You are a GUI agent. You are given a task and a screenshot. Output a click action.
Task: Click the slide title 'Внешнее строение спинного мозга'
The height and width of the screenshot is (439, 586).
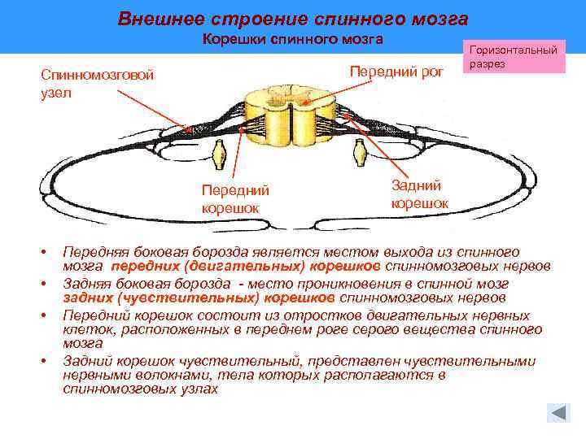pyautogui.click(x=292, y=18)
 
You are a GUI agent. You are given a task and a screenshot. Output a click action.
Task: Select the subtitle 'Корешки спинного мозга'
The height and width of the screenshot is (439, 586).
pyautogui.click(x=292, y=39)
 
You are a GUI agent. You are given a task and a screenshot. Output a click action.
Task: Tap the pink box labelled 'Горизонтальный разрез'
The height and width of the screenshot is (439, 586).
pyautogui.click(x=514, y=56)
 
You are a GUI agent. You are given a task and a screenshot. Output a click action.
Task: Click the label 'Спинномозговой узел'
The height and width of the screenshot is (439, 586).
pyautogui.click(x=97, y=84)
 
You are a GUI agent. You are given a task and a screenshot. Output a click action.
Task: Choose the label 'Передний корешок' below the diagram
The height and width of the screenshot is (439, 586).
pyautogui.click(x=235, y=199)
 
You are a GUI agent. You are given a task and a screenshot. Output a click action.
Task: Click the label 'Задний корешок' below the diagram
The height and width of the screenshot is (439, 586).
pyautogui.click(x=419, y=194)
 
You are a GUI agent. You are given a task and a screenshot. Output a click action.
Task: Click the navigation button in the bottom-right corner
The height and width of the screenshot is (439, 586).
pyautogui.click(x=558, y=412)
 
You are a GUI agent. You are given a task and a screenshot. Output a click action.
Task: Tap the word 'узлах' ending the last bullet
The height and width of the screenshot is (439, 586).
pyautogui.click(x=200, y=390)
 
